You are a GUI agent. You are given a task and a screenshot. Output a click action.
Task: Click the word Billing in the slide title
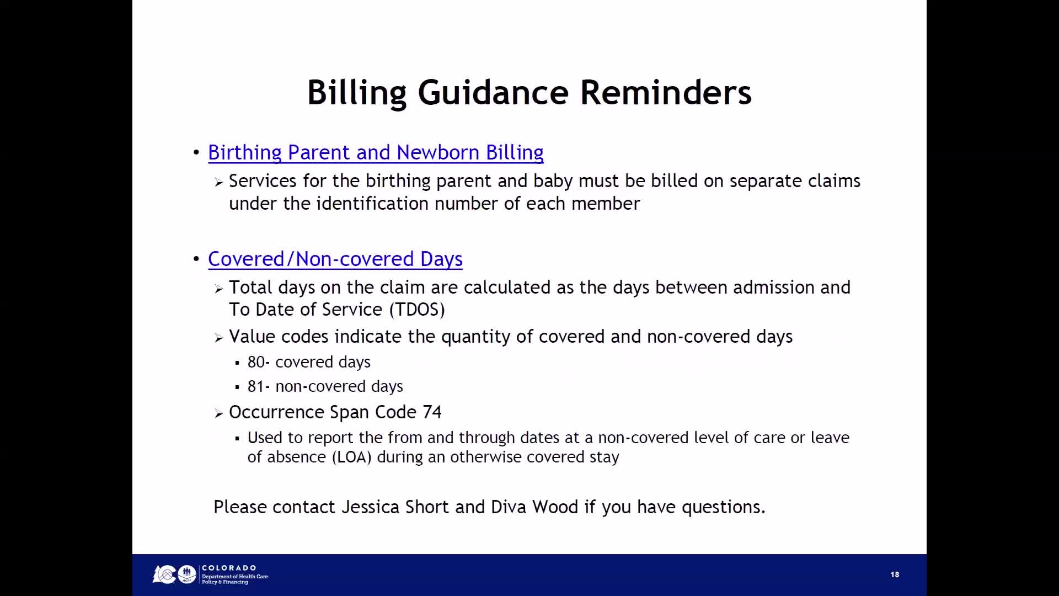click(356, 92)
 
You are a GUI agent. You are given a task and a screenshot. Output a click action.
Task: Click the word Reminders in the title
click(665, 92)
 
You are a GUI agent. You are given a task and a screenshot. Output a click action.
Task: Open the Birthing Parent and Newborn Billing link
click(376, 152)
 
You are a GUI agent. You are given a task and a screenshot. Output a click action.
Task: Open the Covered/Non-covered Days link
click(335, 259)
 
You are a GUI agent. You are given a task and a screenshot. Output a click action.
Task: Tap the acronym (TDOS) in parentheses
click(417, 310)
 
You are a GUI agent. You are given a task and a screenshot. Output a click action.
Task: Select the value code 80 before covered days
click(256, 362)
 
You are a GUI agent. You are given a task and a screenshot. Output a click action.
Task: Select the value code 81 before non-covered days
click(256, 386)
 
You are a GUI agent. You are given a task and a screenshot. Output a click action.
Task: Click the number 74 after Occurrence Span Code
click(432, 412)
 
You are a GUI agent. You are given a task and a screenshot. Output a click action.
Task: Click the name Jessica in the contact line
click(370, 507)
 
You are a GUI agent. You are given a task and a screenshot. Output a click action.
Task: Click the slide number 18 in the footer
click(895, 574)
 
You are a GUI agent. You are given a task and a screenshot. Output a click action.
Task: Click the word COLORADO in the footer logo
click(229, 568)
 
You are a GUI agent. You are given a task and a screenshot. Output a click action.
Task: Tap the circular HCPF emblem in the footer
click(187, 574)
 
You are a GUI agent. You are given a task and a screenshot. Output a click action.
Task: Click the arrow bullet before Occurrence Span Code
click(219, 413)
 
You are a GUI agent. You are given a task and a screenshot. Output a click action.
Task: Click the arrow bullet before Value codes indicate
click(219, 338)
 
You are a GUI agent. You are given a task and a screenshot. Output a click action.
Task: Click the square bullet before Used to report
click(237, 439)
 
